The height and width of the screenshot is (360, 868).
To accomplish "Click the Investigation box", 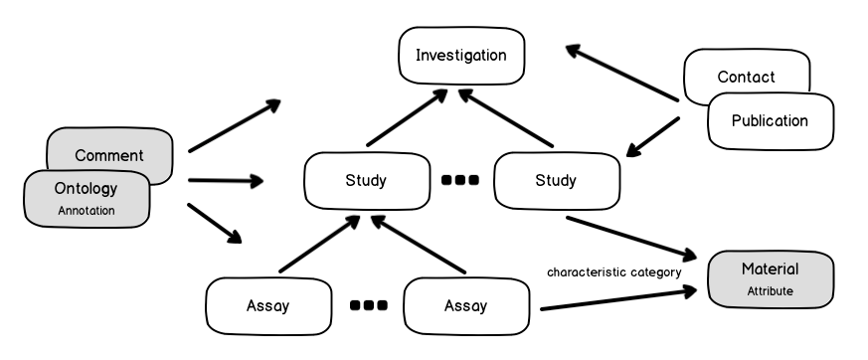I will [x=460, y=55].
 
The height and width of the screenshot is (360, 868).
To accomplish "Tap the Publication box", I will [x=770, y=120].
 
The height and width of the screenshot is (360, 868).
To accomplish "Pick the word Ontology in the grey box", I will [x=87, y=188].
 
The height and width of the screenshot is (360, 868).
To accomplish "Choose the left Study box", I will [x=365, y=180].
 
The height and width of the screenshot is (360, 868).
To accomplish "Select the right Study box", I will [x=555, y=180].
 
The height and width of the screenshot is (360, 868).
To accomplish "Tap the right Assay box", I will [x=465, y=305].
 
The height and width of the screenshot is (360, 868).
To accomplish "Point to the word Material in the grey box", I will [x=770, y=270].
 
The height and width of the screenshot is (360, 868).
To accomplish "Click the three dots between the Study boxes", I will [x=459, y=180].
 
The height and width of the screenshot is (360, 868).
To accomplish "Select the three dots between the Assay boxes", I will [x=368, y=305].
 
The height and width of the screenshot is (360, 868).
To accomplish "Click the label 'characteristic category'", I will [x=613, y=271].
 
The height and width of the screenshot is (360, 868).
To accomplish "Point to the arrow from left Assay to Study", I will [x=318, y=244].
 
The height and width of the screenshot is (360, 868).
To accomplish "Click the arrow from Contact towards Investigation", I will [x=621, y=72].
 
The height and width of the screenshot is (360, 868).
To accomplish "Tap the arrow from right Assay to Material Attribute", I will [x=616, y=300].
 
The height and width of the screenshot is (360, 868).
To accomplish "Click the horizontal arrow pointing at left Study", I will [x=225, y=180].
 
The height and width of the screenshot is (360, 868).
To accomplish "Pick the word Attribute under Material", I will [x=770, y=292].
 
